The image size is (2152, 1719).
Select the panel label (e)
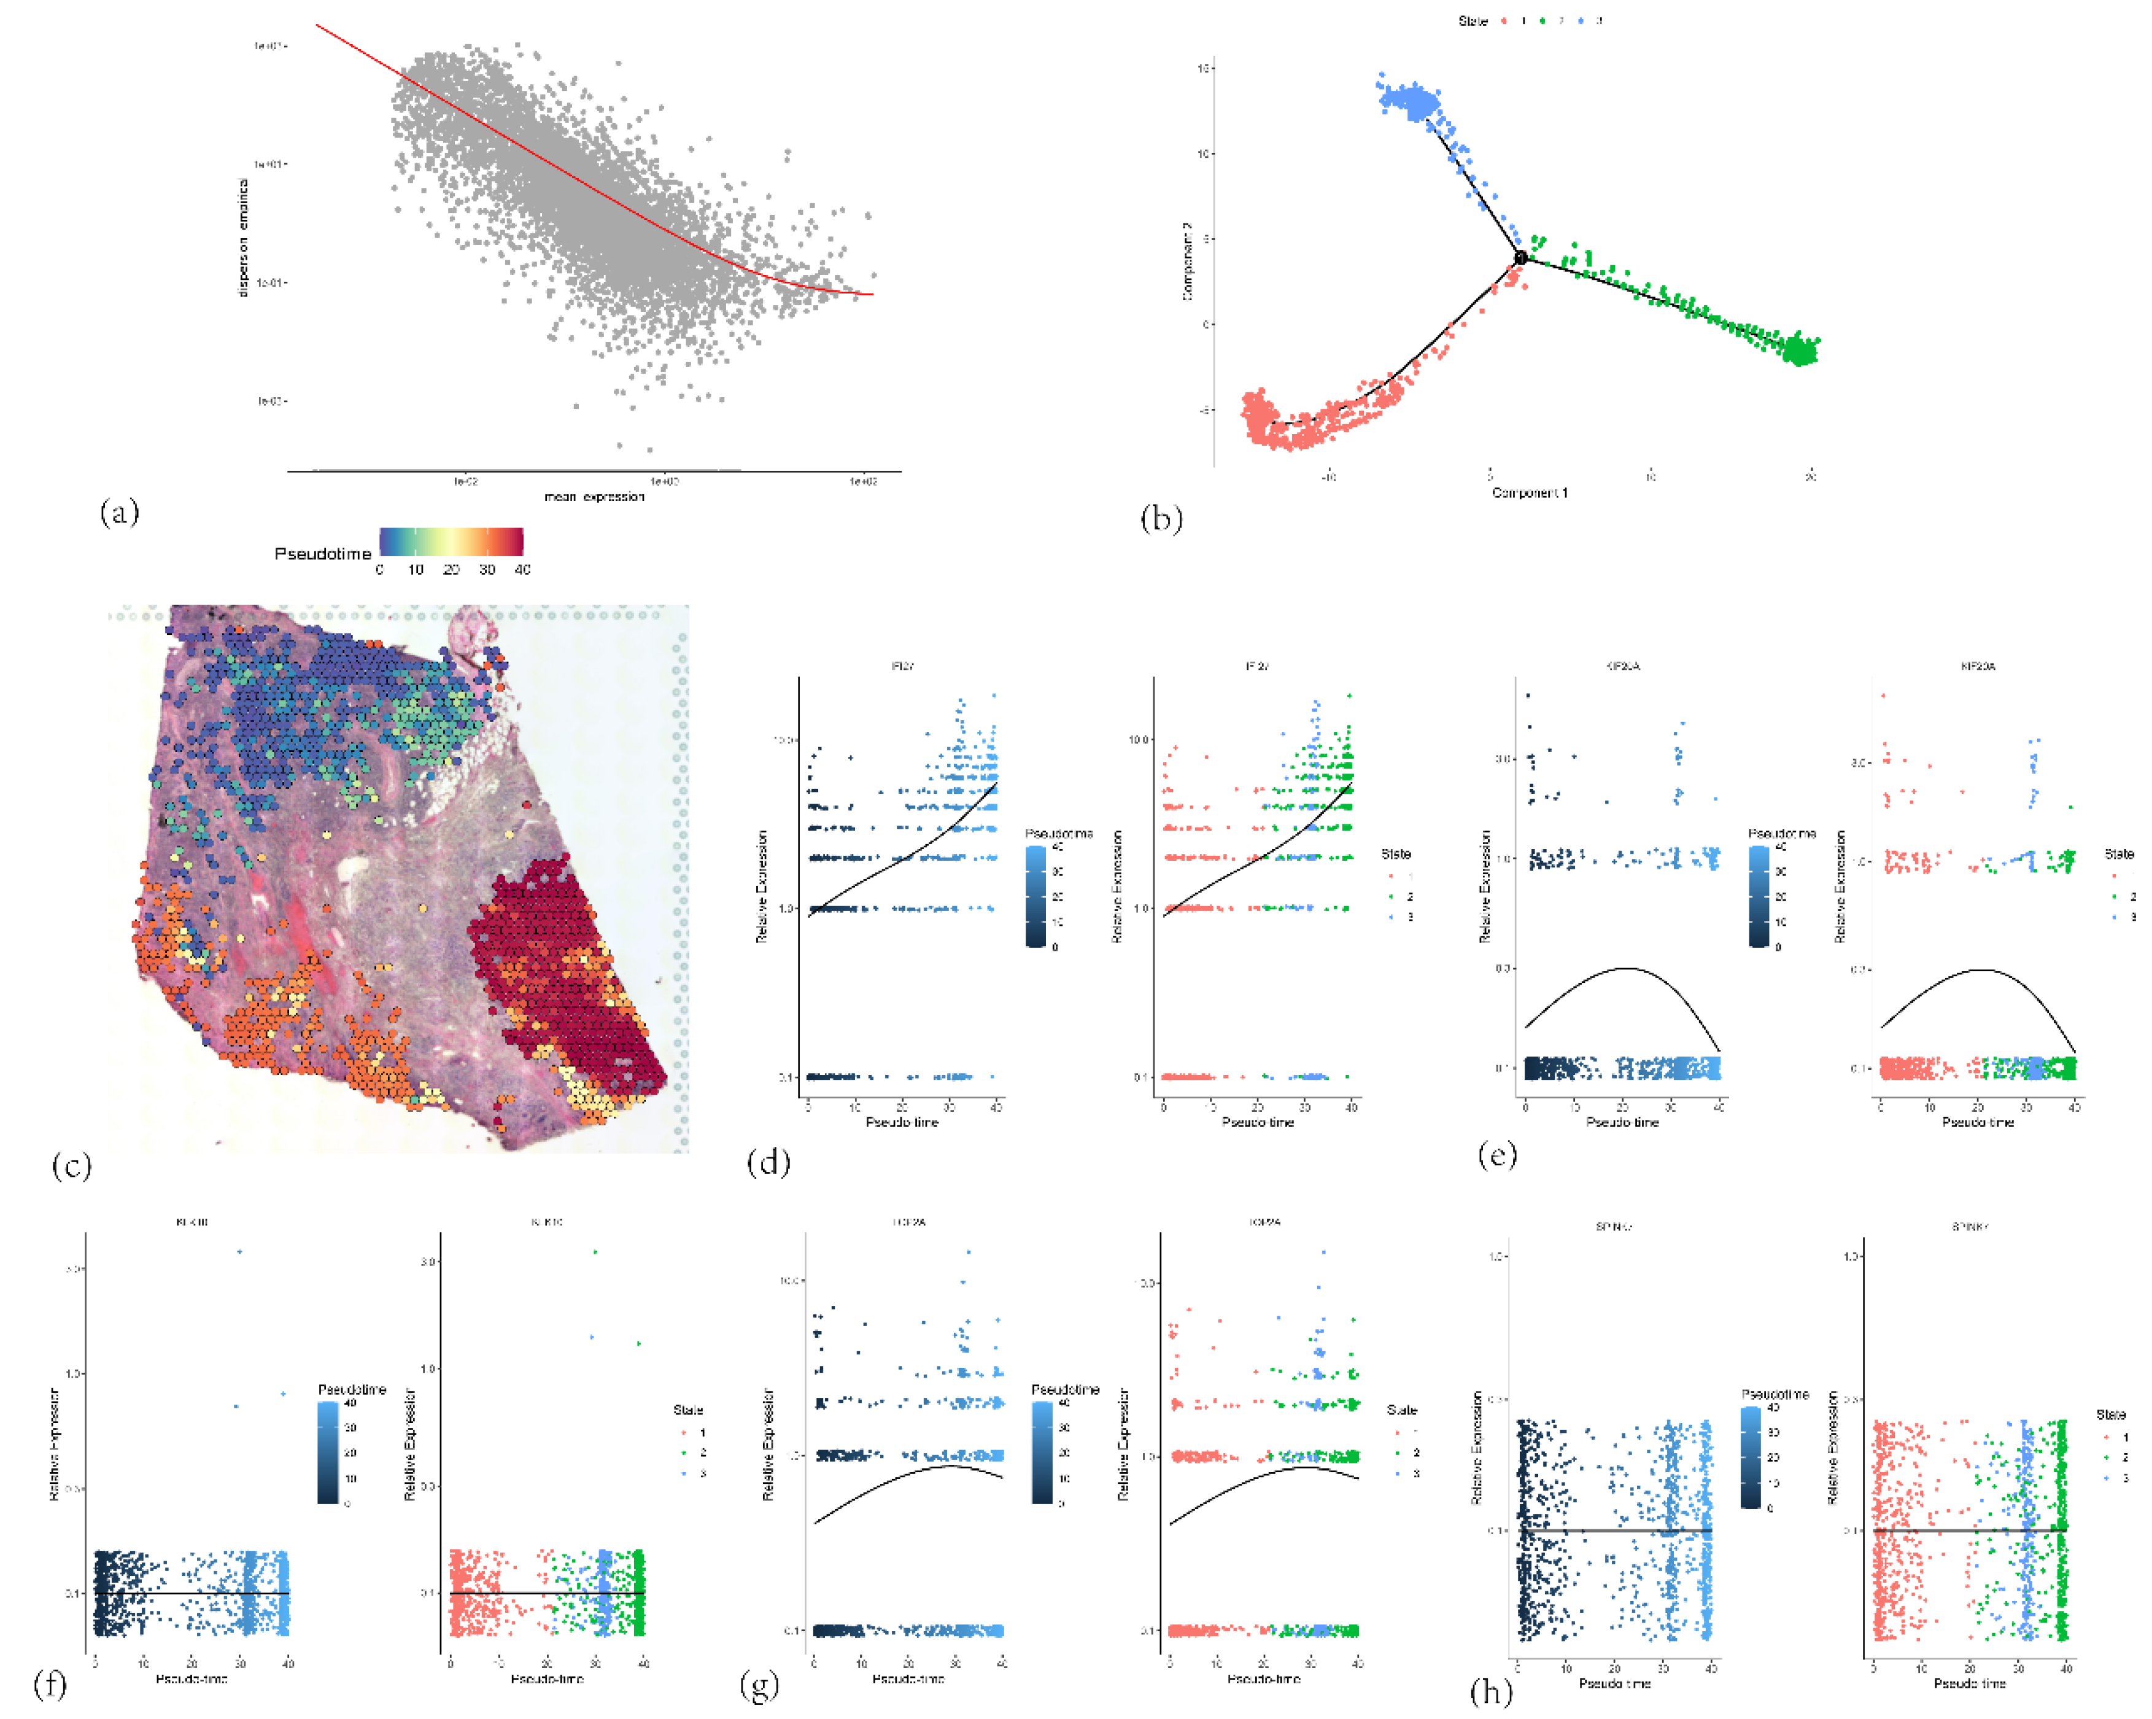pyautogui.click(x=1496, y=1154)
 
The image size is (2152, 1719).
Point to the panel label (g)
pyautogui.click(x=760, y=1685)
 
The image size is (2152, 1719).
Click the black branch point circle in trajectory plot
pyautogui.click(x=1520, y=258)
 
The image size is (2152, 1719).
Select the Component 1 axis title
pyautogui.click(x=1529, y=492)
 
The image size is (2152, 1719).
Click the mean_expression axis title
pyautogui.click(x=594, y=496)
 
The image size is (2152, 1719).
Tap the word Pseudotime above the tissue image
pyautogui.click(x=322, y=553)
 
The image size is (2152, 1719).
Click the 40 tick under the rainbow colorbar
pyautogui.click(x=522, y=569)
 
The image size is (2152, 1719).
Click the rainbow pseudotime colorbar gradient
pyautogui.click(x=451, y=541)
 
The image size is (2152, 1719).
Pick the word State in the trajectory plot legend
pyautogui.click(x=1473, y=21)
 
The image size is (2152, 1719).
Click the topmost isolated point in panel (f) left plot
pyautogui.click(x=239, y=1251)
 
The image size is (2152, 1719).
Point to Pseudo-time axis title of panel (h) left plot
pyautogui.click(x=1614, y=1683)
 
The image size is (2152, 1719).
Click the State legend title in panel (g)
pyautogui.click(x=1401, y=1410)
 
